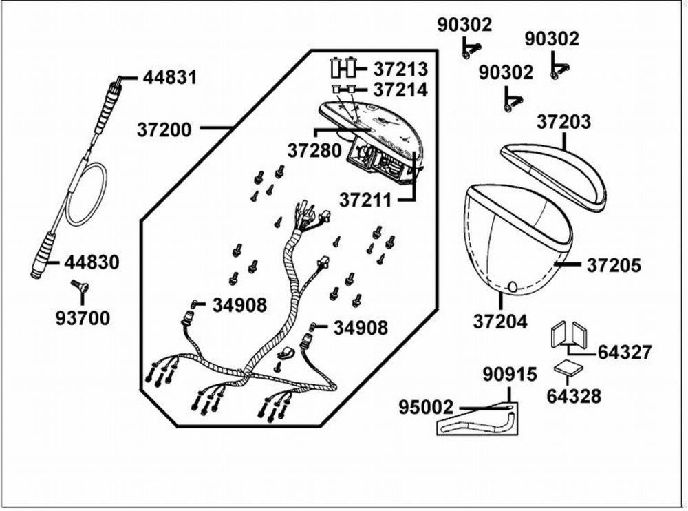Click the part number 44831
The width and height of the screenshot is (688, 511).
[170, 78]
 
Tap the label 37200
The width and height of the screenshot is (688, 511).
[164, 129]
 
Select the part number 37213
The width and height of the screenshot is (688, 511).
[400, 69]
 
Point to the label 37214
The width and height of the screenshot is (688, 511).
[400, 90]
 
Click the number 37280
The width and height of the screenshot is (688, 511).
[314, 151]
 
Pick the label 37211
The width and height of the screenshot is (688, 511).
[365, 200]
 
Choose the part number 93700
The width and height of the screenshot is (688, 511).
[83, 318]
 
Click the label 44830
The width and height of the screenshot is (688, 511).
[92, 262]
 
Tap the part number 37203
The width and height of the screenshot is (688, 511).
[564, 122]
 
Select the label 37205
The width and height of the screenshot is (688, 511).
[614, 265]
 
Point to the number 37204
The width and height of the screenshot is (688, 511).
[500, 322]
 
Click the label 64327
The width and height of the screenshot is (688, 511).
[625, 353]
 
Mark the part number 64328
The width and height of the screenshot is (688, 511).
[574, 396]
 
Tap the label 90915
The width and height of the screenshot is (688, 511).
[510, 375]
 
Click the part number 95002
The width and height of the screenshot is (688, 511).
[426, 407]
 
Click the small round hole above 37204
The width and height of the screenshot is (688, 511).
[512, 286]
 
